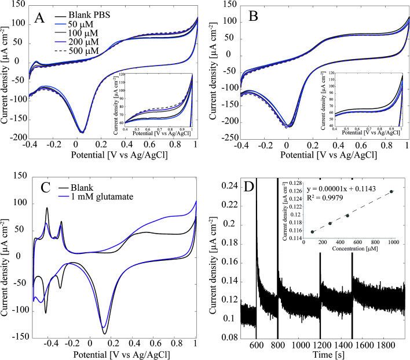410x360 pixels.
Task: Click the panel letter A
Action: (x=39, y=18)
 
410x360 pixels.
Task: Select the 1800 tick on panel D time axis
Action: (x=387, y=345)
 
